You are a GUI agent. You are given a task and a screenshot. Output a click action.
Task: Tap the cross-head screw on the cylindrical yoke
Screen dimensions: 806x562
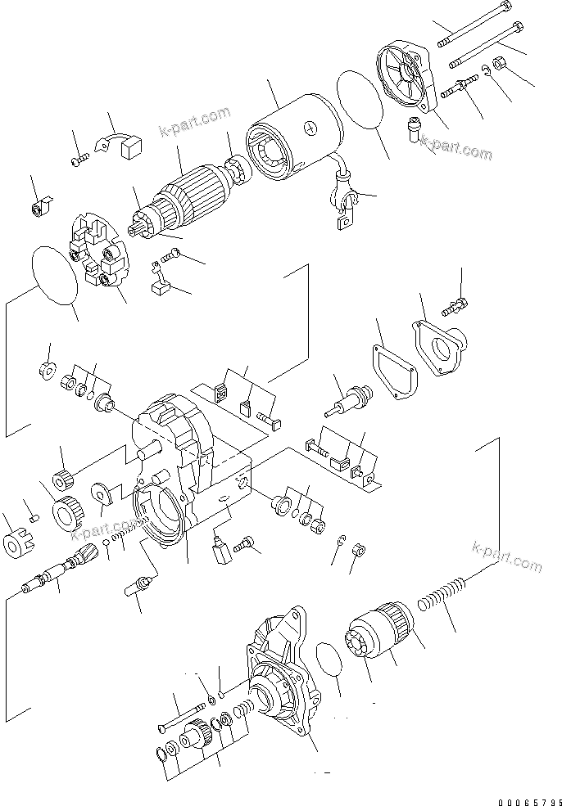pyautogui.click(x=310, y=128)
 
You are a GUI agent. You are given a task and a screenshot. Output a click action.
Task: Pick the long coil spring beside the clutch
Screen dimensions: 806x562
pyautogui.click(x=442, y=597)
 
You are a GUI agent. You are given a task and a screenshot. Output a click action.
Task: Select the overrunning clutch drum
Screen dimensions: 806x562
pyautogui.click(x=385, y=639)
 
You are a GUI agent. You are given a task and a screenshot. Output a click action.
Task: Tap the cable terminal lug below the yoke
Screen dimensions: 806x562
pyautogui.click(x=347, y=209)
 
